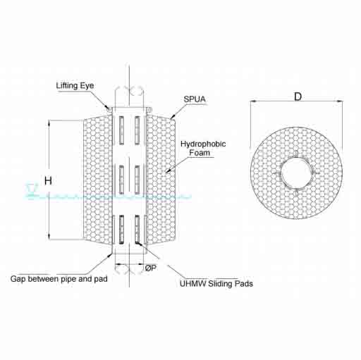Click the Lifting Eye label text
[x=75, y=85]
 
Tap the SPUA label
[x=195, y=99]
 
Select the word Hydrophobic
[x=203, y=144]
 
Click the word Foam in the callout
[x=200, y=153]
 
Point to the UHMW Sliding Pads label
[x=216, y=283]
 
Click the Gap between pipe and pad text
[x=59, y=279]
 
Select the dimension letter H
[x=48, y=181]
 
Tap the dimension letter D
[x=298, y=97]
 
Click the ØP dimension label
[x=150, y=268]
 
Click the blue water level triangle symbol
[x=32, y=187]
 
